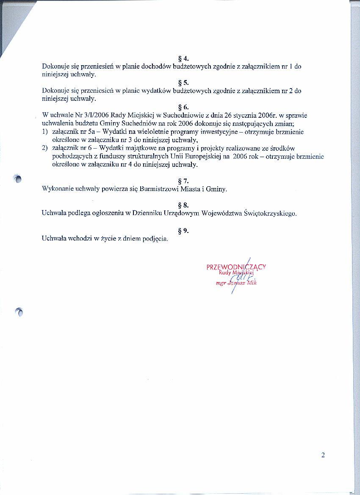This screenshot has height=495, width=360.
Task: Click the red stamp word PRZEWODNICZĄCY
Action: [236, 267]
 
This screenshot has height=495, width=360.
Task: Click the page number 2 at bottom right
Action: [323, 455]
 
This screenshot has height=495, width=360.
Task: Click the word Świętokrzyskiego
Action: [270, 213]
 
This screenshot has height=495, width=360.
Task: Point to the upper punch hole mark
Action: [17, 179]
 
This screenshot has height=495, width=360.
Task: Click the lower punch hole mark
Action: [19, 312]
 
